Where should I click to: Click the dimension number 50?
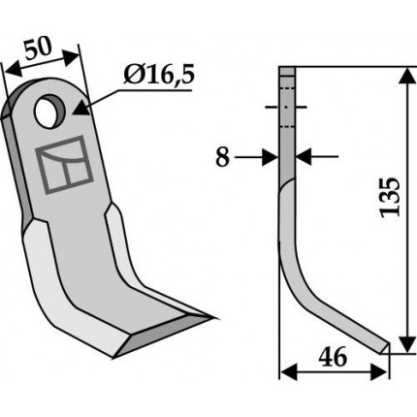point(38,48)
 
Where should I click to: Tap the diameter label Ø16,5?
point(159,76)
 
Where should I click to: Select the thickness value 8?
point(223,158)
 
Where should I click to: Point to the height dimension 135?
point(390,197)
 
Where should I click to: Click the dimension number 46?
point(333,358)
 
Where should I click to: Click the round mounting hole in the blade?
point(50,112)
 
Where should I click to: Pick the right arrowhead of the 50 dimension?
point(70,57)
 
